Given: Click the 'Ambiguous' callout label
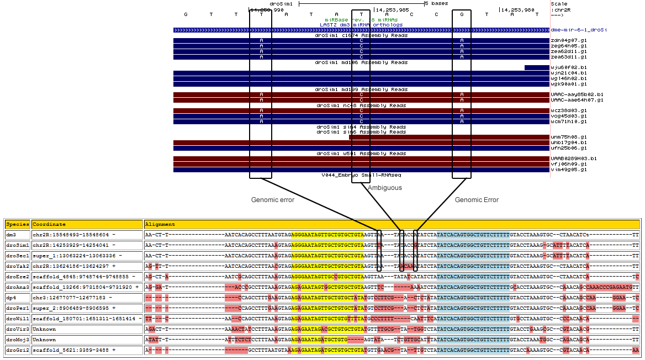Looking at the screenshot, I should tap(385, 188).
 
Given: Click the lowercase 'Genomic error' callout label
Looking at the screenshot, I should tap(273, 200).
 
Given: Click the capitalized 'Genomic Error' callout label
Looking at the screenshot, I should tap(477, 200).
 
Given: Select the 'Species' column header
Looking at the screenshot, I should tap(17, 225).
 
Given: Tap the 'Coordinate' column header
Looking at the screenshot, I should tap(49, 225).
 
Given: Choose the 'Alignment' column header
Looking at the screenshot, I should tap(160, 225).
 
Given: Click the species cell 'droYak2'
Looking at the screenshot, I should tap(17, 266).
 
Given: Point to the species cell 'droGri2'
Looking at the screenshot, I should tap(17, 350).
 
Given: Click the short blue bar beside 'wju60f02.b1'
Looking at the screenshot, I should tap(536, 68).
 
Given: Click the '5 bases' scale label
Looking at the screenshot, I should tap(437, 3).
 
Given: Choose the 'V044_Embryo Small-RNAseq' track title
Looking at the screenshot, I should tap(361, 175).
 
